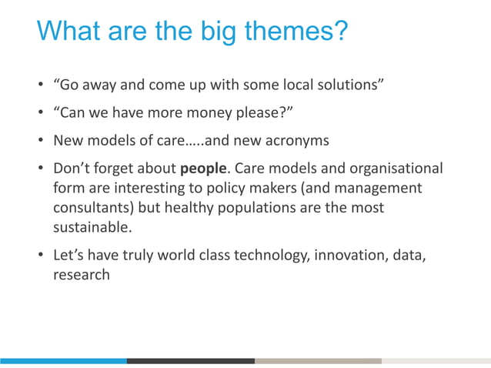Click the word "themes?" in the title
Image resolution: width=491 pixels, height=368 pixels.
coord(297,32)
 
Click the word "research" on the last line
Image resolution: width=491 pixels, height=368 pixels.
coord(81,275)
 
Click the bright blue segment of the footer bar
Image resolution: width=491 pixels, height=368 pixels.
coord(63,360)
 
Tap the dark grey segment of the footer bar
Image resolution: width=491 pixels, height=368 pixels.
coord(191,360)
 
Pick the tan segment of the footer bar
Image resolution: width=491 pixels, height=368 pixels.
coord(318,360)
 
